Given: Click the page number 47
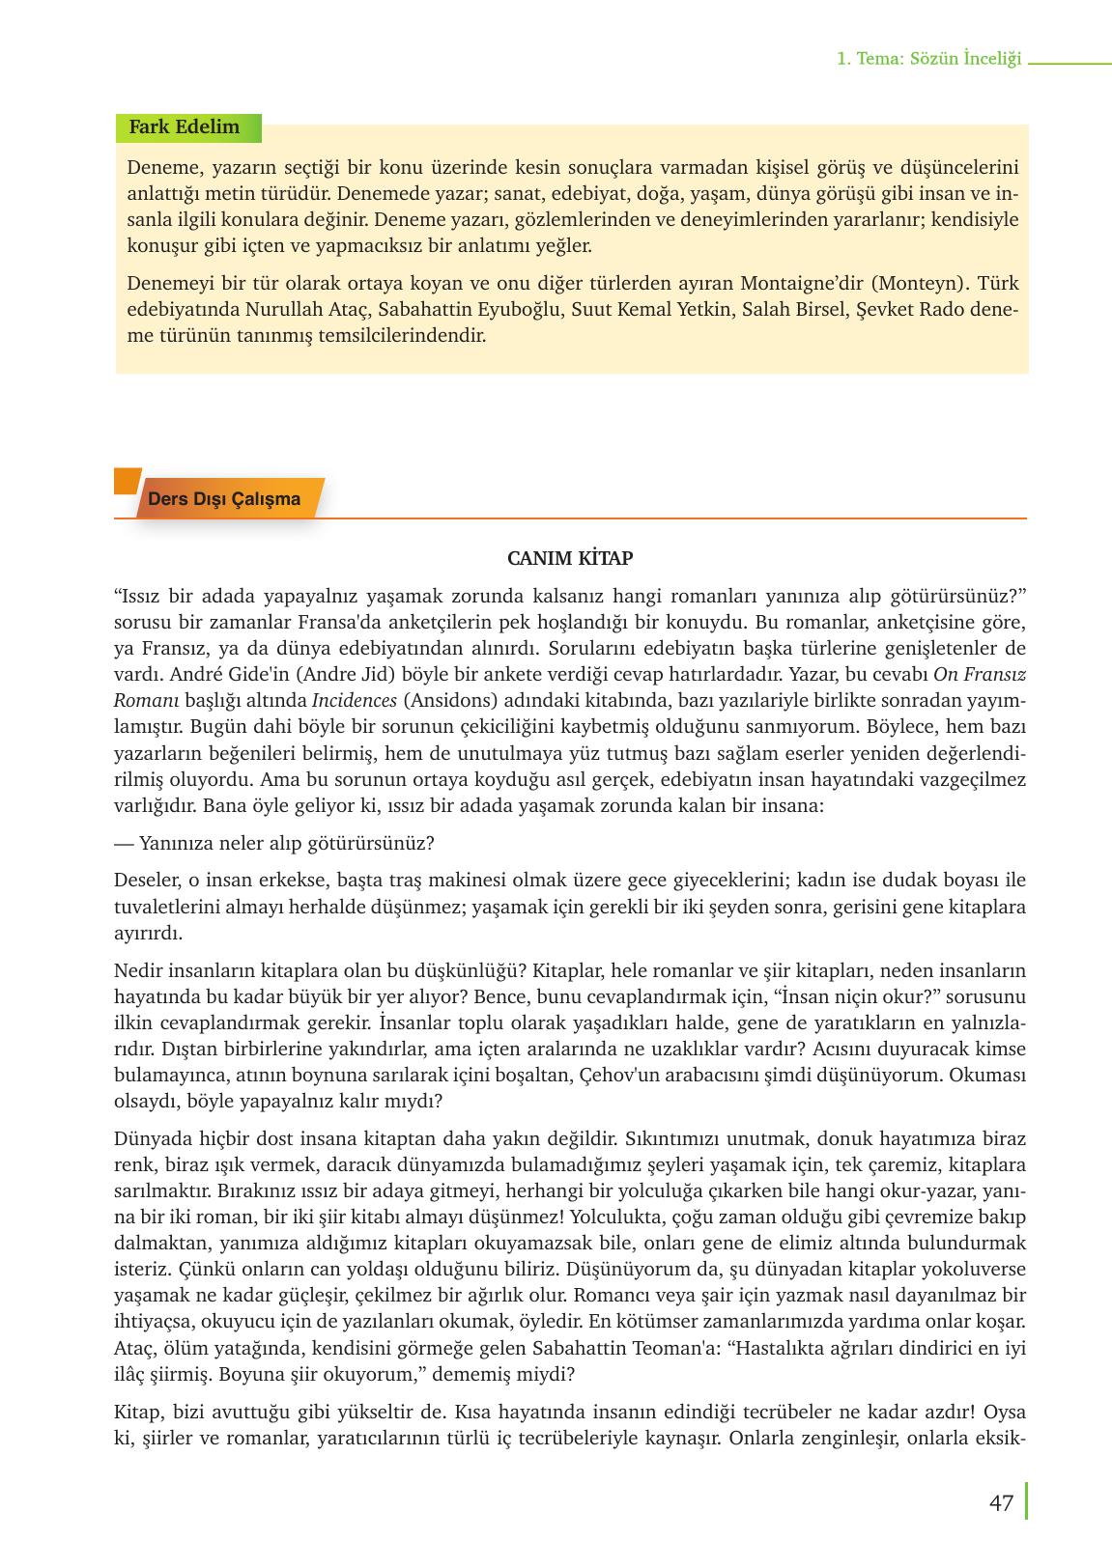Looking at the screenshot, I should (1001, 1503).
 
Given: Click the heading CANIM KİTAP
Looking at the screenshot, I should (570, 559).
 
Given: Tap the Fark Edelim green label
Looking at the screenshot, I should (185, 127).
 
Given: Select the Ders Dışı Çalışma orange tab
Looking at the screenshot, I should (224, 500).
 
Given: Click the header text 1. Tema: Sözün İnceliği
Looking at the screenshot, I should (928, 60).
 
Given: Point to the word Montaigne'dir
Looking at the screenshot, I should (801, 285).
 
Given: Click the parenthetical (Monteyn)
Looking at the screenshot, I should (918, 285).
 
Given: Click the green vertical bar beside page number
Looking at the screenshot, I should (1026, 1501).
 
